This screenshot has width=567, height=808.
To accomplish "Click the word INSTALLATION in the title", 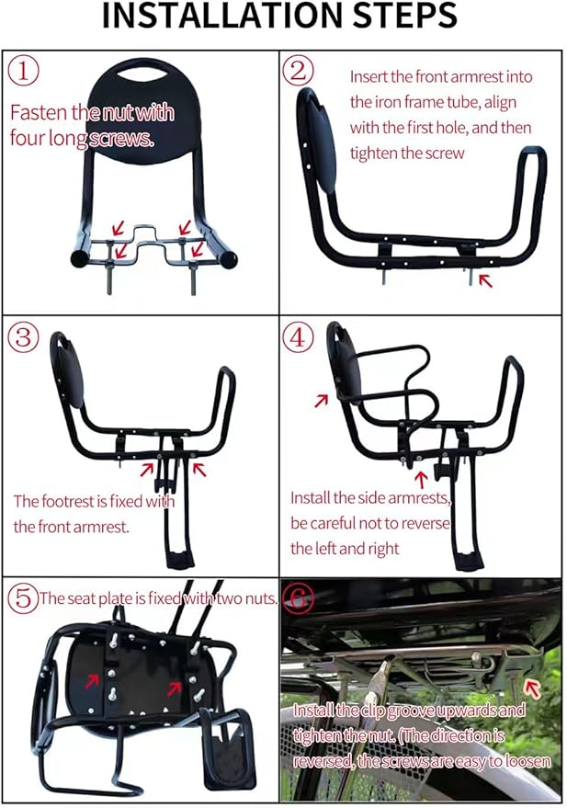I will point(215,17).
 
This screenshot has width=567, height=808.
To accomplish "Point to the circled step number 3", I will point(24,337).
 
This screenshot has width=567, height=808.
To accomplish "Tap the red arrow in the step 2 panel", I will point(485,279).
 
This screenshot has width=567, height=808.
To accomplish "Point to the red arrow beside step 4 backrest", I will point(320,400).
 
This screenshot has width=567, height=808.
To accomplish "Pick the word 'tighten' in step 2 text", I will point(377,154).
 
